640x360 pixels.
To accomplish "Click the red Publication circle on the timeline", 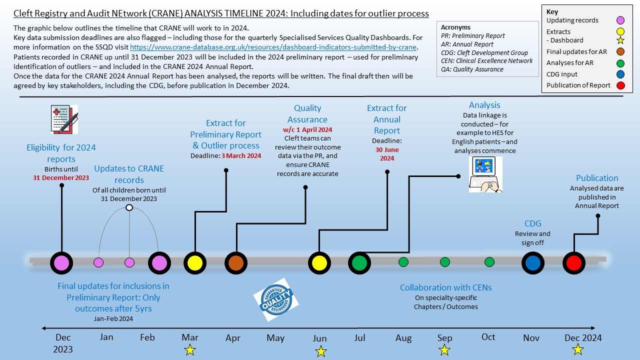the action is tap(573, 263).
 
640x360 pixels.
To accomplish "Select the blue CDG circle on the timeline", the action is tap(533, 263).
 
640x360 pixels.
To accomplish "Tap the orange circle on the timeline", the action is tap(236, 263).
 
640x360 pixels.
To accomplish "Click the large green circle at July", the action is tap(359, 263).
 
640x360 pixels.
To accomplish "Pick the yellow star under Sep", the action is tap(444, 350).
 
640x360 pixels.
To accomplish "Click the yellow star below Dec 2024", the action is tap(577, 349).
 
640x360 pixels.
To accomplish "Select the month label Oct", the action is tap(488, 337).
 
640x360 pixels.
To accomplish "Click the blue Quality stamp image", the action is tap(276, 299).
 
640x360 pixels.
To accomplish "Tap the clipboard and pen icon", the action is tap(64, 119).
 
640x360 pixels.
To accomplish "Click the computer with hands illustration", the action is tap(485, 174).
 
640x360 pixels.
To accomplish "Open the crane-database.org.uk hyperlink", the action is tap(273, 47).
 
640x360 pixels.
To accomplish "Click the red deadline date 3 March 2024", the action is tap(241, 156).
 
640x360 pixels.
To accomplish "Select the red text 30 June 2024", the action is tap(387, 154).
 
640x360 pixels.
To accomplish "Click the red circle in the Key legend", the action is tap(620, 85).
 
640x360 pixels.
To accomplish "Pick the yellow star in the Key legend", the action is tap(620, 40).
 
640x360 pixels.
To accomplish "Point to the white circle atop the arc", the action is tap(129, 207).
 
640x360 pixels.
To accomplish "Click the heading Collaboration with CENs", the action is tap(445, 287).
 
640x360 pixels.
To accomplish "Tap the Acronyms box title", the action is tap(455, 27).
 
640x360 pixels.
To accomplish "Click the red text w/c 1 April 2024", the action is tap(307, 129).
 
